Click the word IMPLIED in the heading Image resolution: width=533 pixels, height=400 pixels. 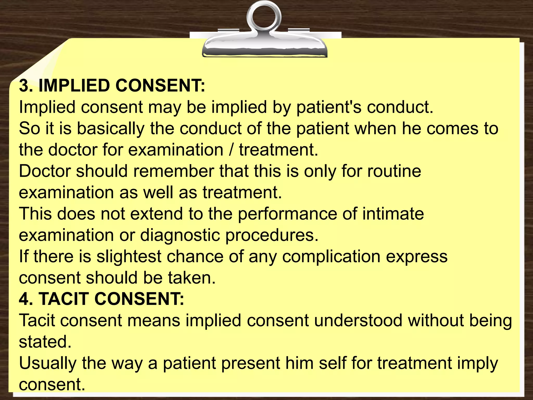click(74, 86)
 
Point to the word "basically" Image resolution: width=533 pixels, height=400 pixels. click(110, 129)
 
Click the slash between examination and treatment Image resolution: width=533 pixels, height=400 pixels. click(231, 150)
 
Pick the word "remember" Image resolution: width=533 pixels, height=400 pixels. click(174, 171)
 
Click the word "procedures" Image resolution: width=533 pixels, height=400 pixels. click(272, 235)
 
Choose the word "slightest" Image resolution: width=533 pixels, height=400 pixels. click(129, 257)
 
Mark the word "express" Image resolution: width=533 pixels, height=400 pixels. click(416, 257)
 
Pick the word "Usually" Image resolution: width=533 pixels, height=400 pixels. click(48, 363)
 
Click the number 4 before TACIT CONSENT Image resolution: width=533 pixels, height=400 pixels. click(24, 299)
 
